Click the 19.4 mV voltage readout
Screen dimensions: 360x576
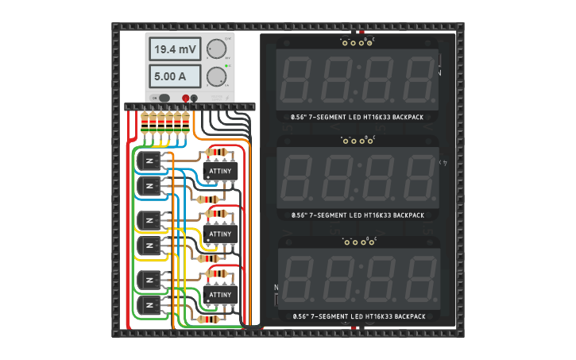click(x=175, y=49)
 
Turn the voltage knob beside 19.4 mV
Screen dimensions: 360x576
click(x=215, y=49)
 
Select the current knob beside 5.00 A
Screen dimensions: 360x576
click(x=215, y=77)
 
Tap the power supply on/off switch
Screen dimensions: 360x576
click(x=164, y=98)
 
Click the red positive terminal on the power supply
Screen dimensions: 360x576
click(x=186, y=98)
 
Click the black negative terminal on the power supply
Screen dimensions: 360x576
click(x=195, y=98)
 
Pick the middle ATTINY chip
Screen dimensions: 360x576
click(x=220, y=234)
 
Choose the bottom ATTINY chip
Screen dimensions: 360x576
click(x=220, y=295)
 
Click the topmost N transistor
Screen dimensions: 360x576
click(x=149, y=161)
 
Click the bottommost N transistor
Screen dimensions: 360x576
click(x=149, y=304)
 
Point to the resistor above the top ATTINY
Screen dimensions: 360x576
click(x=215, y=152)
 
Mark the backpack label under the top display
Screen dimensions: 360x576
click(x=358, y=117)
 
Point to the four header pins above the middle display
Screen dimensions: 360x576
click(x=358, y=140)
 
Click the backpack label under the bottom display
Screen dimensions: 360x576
click(x=358, y=316)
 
